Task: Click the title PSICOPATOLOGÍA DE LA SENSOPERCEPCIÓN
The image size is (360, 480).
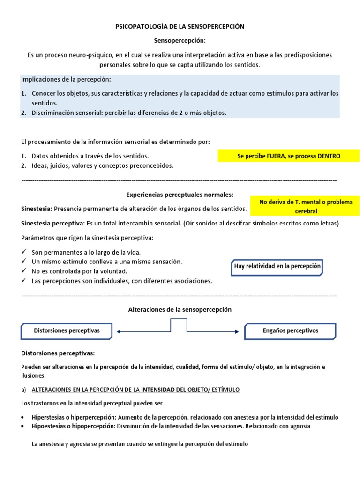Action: tap(180, 27)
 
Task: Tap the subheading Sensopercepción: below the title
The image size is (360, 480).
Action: tap(180, 41)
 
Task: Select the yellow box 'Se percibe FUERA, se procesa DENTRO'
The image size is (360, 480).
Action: tap(288, 156)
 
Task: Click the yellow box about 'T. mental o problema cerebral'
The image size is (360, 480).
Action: tap(306, 206)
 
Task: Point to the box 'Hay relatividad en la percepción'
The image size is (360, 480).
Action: tap(277, 266)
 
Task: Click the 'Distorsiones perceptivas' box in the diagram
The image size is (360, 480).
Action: tap(67, 330)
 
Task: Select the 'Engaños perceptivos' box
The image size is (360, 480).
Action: tap(290, 330)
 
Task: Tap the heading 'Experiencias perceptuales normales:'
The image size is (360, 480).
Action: tap(180, 195)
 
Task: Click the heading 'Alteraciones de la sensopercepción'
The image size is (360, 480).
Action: tap(180, 310)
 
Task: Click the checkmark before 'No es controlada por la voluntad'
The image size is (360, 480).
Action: tap(24, 271)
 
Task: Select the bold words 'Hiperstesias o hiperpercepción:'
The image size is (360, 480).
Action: tap(74, 417)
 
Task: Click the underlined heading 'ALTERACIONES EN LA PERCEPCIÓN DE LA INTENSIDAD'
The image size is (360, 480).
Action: tap(135, 390)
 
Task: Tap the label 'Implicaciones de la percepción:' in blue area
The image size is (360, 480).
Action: tap(66, 79)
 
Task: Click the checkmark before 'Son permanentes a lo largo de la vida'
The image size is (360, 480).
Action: tap(24, 252)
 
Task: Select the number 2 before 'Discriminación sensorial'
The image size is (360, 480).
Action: tap(23, 112)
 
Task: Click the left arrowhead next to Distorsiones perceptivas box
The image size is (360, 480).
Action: tap(119, 332)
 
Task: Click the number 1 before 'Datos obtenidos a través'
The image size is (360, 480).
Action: tap(23, 156)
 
